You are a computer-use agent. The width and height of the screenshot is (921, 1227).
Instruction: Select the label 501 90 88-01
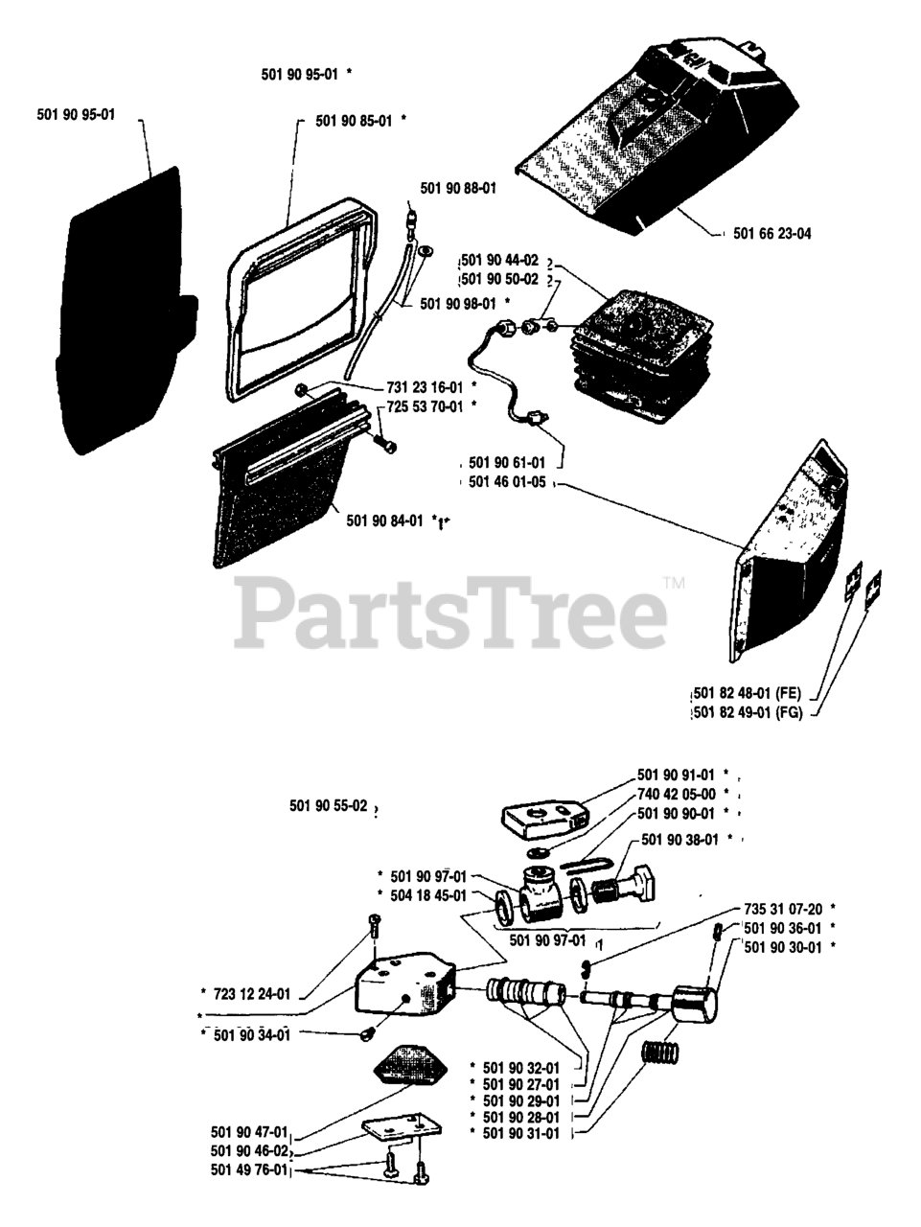[458, 189]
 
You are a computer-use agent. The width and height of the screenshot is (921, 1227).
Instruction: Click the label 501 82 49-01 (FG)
[747, 713]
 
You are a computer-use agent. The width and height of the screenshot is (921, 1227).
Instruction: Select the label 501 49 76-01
[248, 1169]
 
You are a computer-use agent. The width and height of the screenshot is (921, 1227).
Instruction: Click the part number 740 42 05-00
[677, 794]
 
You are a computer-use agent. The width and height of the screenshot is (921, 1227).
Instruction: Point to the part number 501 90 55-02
[328, 807]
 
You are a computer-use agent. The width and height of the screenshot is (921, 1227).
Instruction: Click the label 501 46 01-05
[507, 482]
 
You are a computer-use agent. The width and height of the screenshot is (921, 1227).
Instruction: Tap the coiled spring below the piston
[660, 1050]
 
